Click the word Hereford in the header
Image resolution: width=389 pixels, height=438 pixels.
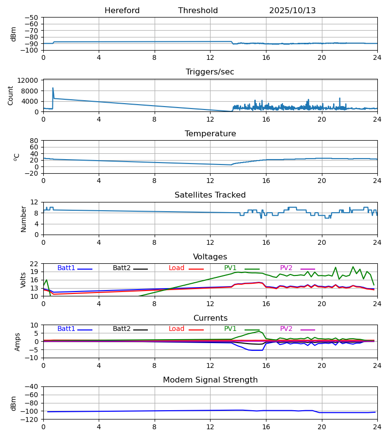(122, 11)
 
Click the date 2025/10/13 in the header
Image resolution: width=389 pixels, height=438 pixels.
(292, 11)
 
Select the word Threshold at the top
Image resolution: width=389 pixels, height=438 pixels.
(198, 11)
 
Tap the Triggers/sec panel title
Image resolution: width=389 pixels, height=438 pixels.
(210, 72)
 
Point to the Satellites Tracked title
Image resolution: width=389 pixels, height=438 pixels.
(210, 195)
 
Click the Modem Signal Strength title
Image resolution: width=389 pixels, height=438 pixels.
(210, 380)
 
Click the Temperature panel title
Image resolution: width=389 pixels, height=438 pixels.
(210, 134)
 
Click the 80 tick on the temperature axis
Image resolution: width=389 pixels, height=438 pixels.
(34, 141)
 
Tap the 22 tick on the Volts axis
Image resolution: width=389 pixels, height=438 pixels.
(34, 264)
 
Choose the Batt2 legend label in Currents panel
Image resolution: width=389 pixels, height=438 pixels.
(122, 329)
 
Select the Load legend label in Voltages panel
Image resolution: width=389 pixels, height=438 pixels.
(177, 268)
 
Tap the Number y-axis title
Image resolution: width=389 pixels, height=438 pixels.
(23, 219)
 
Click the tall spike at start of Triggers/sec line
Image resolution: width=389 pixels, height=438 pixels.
(53, 88)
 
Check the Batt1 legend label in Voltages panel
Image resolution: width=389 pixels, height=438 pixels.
(66, 268)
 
